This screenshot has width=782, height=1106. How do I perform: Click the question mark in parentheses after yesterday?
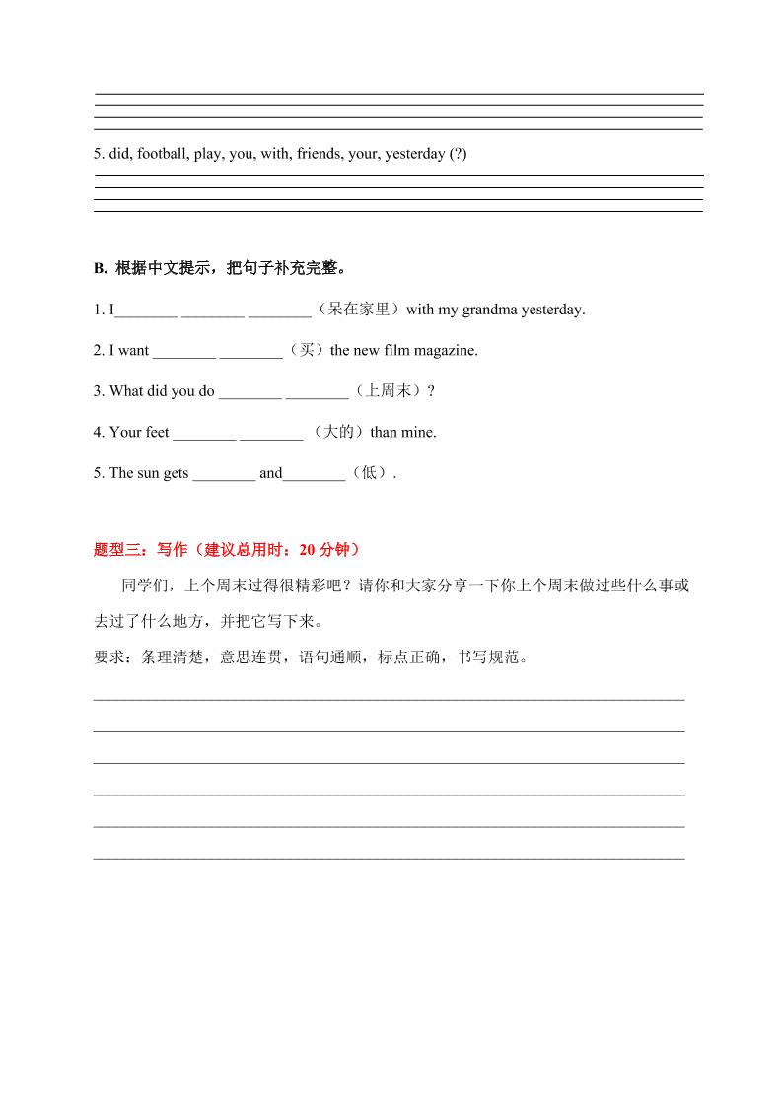pyautogui.click(x=458, y=155)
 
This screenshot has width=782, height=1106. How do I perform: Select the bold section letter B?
pyautogui.click(x=100, y=268)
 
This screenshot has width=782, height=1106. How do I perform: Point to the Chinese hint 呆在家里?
pyautogui.click(x=359, y=310)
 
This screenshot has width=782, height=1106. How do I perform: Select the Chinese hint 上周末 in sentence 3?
pyautogui.click(x=388, y=391)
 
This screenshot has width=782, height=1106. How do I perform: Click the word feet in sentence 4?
pyautogui.click(x=158, y=432)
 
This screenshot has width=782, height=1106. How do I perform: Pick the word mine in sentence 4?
pyautogui.click(x=417, y=432)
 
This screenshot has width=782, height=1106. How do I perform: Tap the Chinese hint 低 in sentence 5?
pyautogui.click(x=369, y=473)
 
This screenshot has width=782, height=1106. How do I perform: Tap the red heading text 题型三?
pyautogui.click(x=115, y=550)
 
